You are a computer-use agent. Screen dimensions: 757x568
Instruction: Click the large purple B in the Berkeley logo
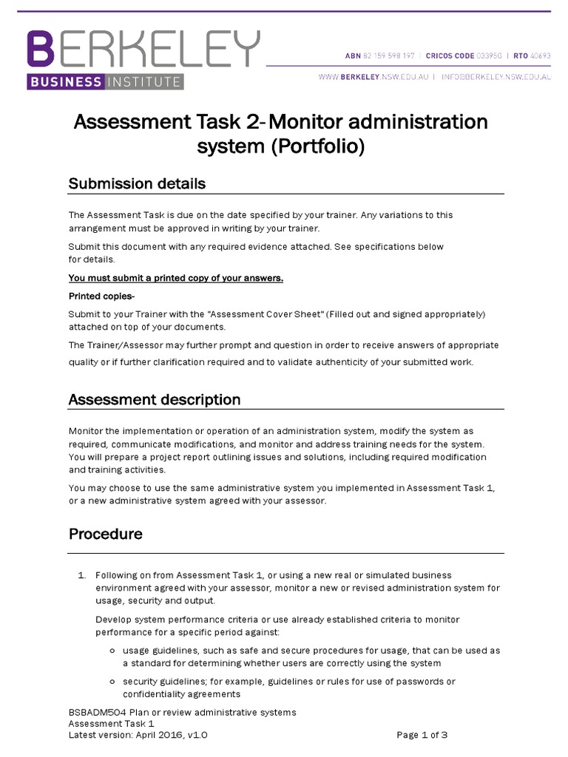tap(41, 50)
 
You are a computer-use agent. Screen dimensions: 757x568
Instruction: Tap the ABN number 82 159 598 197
tap(390, 55)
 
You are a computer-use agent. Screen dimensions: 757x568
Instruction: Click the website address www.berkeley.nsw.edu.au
tap(376, 77)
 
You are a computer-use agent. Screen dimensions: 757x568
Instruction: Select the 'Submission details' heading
tap(137, 183)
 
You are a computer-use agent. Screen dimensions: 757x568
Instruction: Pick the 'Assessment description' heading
tap(155, 399)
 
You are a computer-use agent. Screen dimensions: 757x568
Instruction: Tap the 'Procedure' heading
tap(105, 533)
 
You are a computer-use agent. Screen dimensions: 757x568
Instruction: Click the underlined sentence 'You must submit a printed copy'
tap(176, 278)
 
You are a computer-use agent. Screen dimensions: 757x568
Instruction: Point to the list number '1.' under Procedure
tap(82, 575)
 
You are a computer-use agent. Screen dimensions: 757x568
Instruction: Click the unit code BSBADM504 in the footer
tap(101, 712)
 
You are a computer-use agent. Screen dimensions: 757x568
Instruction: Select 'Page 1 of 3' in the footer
tap(422, 735)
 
